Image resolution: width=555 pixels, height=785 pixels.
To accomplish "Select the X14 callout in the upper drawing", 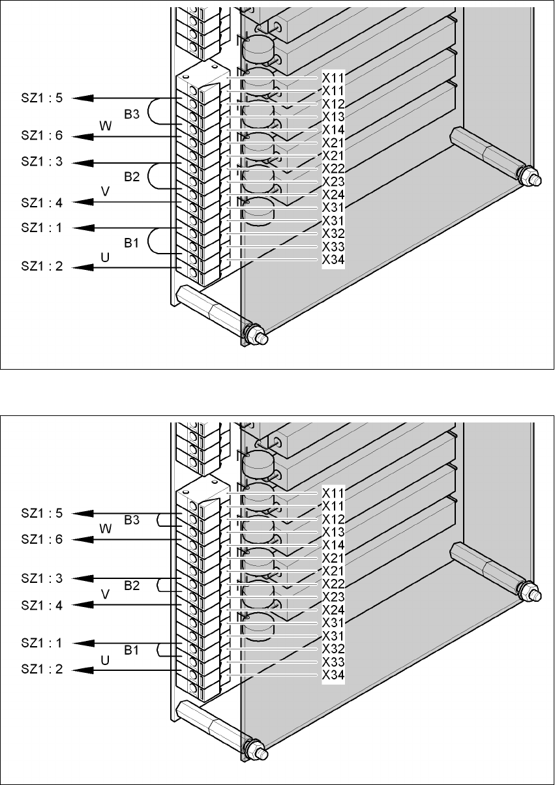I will click(x=333, y=130).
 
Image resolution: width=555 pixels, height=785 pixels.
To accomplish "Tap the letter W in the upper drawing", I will click(x=105, y=126).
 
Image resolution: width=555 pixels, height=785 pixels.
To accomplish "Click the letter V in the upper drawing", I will click(x=104, y=191).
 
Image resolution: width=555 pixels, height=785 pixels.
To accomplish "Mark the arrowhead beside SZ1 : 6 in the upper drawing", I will click(x=81, y=136).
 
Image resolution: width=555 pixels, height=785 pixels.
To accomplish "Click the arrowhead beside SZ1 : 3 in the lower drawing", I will click(x=81, y=578).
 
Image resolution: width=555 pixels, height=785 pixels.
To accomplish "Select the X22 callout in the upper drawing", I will click(x=333, y=168).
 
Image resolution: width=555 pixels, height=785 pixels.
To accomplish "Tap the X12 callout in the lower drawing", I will click(x=333, y=519).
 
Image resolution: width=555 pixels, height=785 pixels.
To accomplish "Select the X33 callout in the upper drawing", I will click(x=333, y=247).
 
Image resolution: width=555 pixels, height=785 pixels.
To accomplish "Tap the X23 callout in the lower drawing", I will click(x=333, y=597).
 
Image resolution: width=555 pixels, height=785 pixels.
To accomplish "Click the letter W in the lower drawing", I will click(x=106, y=529).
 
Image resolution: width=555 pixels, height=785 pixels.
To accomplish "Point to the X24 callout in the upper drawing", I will click(x=333, y=194).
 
